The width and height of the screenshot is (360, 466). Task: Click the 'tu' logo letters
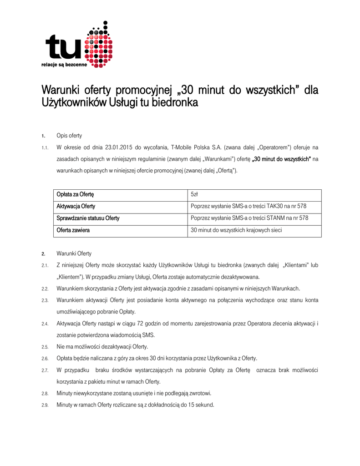point(64,48)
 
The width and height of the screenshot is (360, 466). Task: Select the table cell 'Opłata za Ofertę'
point(75,195)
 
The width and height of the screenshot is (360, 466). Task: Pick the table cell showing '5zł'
point(194,195)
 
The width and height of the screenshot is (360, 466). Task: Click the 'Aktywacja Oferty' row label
point(76,207)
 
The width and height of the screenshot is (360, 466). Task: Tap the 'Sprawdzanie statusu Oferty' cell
point(88,218)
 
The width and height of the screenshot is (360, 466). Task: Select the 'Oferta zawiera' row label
point(73,230)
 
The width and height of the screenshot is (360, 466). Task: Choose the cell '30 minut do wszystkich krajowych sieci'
point(236,230)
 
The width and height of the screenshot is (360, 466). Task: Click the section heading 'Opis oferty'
point(69,136)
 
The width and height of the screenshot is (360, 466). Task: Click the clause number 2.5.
point(45,347)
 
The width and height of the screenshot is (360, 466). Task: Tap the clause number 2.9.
point(45,405)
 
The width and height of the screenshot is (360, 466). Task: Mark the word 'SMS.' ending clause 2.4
point(147,335)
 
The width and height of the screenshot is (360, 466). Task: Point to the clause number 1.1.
point(45,148)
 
